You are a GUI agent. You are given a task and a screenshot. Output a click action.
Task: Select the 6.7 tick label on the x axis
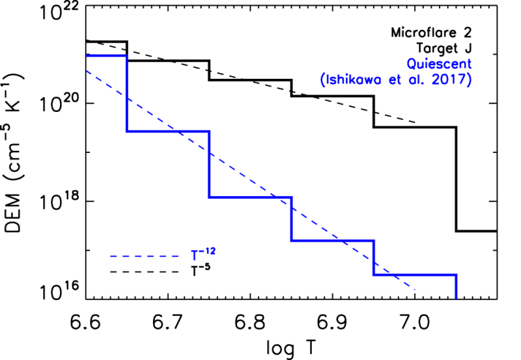point(168,321)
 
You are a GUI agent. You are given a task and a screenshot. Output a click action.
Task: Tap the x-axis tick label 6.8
point(250,321)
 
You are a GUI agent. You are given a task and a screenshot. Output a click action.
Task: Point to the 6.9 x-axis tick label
point(333,321)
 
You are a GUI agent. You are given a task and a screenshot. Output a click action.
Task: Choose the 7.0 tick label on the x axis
point(415,321)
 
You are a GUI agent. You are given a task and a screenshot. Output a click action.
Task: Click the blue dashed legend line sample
point(145,256)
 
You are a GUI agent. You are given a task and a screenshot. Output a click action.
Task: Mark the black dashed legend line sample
point(145,271)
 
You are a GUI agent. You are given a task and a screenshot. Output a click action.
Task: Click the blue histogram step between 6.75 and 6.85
point(250,197)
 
